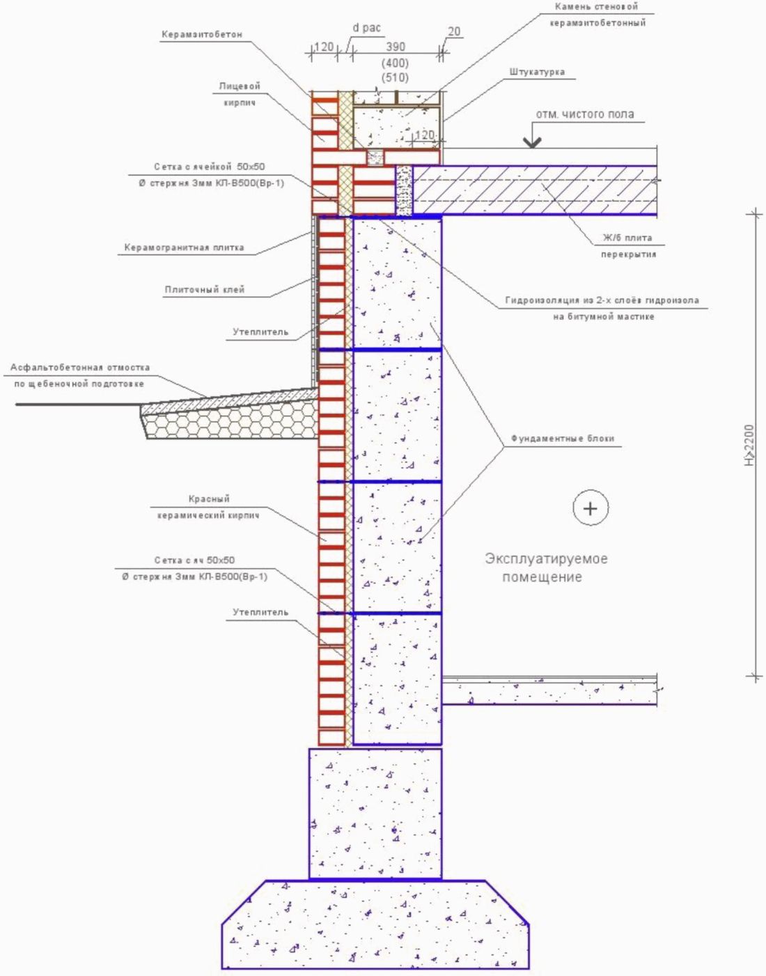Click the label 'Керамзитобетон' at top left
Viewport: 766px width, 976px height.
click(x=202, y=34)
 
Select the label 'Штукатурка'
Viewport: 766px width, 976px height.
click(x=536, y=72)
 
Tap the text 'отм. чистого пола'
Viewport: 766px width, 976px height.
click(x=585, y=114)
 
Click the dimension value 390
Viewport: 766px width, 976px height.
click(x=396, y=47)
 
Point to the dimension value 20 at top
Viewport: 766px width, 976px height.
click(x=454, y=31)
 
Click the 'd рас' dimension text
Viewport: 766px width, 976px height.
click(x=366, y=29)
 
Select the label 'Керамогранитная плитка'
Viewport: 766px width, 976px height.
click(x=184, y=247)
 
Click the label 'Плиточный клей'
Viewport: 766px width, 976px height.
click(x=205, y=289)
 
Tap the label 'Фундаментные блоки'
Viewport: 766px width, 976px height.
click(x=563, y=439)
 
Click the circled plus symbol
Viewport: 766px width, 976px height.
click(x=591, y=508)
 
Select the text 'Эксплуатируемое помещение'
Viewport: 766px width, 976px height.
click(x=546, y=567)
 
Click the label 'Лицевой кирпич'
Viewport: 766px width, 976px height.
click(x=240, y=94)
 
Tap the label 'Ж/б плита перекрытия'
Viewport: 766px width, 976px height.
click(x=628, y=246)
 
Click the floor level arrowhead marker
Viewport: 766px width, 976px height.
click(x=532, y=142)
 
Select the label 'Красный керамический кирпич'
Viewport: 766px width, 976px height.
click(x=208, y=507)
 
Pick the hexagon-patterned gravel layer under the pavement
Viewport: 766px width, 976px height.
click(x=230, y=422)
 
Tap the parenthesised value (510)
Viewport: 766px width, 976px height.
click(x=395, y=77)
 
